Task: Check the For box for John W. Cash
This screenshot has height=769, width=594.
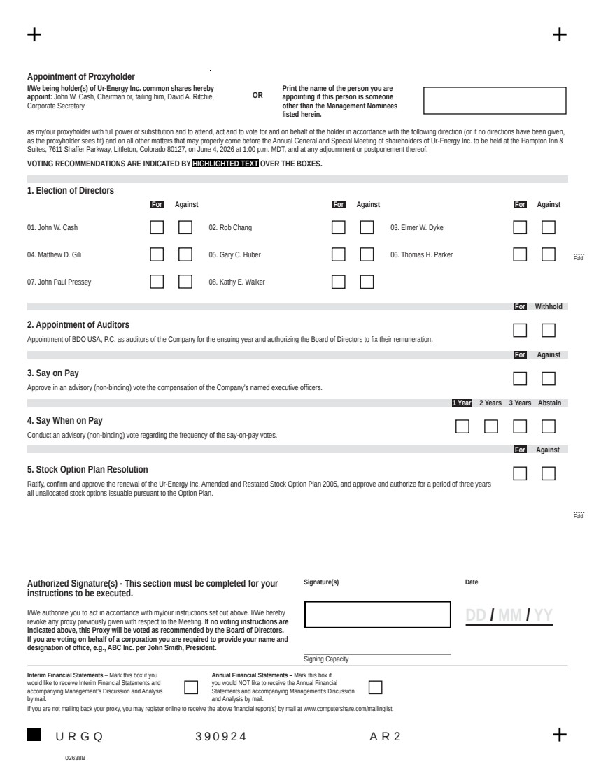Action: (x=157, y=227)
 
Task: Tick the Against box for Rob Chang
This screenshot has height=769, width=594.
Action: (x=367, y=227)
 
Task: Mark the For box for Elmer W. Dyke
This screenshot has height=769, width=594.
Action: (x=520, y=227)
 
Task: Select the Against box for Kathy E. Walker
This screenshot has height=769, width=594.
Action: (x=367, y=282)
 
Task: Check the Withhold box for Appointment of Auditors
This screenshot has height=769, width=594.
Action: (x=549, y=330)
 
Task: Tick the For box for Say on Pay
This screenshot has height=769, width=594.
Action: (x=520, y=378)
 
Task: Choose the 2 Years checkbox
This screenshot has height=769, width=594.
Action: (x=491, y=426)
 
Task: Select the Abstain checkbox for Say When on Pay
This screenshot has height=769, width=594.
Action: (x=549, y=426)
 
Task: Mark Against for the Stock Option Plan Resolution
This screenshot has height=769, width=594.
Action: (x=549, y=473)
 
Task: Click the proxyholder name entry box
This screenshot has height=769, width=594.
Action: (x=495, y=101)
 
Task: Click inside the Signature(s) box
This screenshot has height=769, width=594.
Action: (x=378, y=615)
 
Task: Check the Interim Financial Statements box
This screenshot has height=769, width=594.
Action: (x=191, y=687)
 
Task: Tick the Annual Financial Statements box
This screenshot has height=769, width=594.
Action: (x=375, y=687)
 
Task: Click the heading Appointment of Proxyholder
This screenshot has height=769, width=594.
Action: (x=81, y=76)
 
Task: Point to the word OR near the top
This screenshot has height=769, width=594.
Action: (x=257, y=95)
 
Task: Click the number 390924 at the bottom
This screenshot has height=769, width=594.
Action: (x=220, y=735)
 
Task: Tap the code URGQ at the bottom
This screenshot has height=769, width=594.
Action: (x=79, y=735)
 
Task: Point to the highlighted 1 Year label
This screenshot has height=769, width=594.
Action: (x=462, y=403)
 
